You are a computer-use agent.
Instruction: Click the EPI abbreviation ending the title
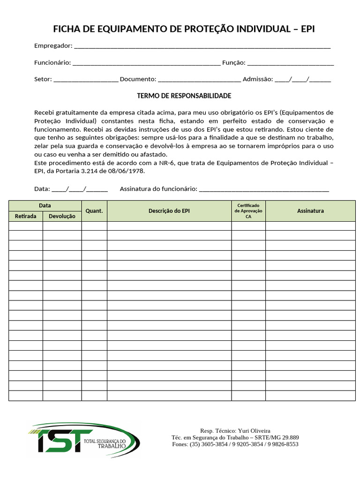[x=307, y=29]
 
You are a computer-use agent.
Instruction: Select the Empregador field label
[x=53, y=46]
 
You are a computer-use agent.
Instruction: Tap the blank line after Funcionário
[x=146, y=63]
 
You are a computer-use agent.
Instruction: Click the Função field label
[x=233, y=63]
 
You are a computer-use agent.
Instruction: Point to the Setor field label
[x=43, y=80]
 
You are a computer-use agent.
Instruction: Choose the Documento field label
[x=138, y=80]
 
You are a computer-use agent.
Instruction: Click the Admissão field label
[x=257, y=80]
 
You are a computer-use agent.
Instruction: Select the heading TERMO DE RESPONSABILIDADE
[x=184, y=96]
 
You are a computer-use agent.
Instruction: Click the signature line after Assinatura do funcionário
[x=264, y=190]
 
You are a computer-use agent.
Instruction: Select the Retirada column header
[x=25, y=217]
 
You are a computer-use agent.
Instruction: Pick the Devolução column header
[x=62, y=217]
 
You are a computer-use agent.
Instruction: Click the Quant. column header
[x=94, y=211]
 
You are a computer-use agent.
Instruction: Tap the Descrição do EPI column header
[x=169, y=211]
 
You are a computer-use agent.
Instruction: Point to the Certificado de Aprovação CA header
[x=248, y=211]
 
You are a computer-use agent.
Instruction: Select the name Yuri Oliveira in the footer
[x=254, y=431]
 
